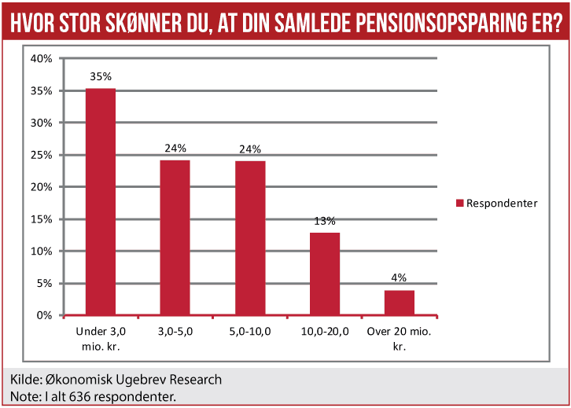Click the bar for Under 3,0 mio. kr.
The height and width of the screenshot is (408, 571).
click(x=101, y=202)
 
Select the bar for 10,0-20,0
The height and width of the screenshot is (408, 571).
click(x=325, y=274)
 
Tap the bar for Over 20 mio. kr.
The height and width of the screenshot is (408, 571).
click(x=399, y=303)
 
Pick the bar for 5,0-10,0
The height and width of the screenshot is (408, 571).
click(x=250, y=238)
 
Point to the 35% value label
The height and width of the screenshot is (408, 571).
click(x=101, y=77)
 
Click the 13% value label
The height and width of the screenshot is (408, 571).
click(x=325, y=221)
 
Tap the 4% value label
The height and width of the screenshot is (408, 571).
click(x=399, y=278)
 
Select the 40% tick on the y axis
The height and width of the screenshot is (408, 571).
click(x=42, y=59)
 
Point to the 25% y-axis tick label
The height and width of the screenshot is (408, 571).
click(x=42, y=155)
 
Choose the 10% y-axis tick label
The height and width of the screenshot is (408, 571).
click(x=42, y=251)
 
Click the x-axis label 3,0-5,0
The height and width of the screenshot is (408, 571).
click(x=175, y=331)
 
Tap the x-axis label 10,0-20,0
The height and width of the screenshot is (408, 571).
click(x=325, y=331)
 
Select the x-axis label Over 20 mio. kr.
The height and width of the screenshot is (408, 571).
click(x=399, y=337)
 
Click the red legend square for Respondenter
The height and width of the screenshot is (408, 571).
click(x=460, y=203)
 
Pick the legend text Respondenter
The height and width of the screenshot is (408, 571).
click(x=502, y=203)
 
